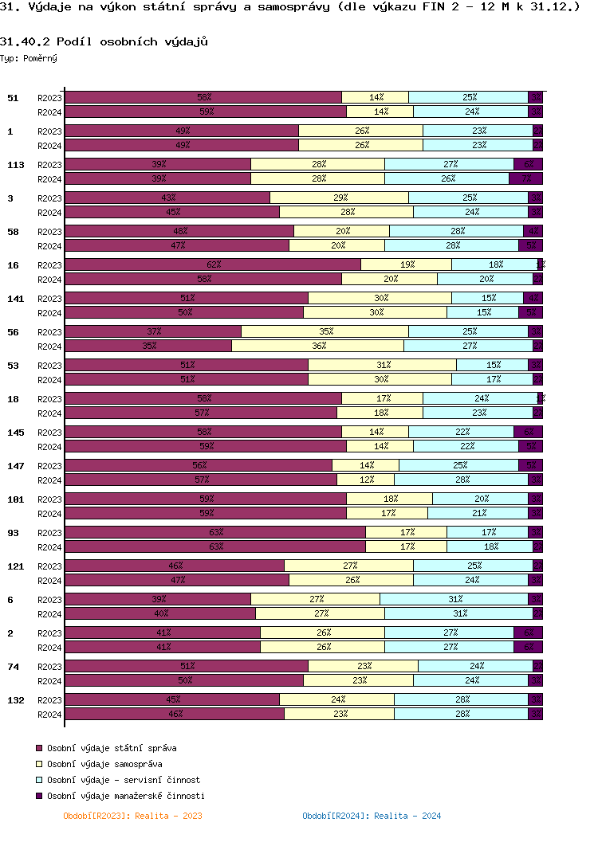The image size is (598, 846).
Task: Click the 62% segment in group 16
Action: tap(213, 264)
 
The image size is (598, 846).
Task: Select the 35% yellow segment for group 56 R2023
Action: tap(325, 331)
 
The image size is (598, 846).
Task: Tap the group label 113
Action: tap(15, 165)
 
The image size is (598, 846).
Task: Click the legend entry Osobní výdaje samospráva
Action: tap(104, 764)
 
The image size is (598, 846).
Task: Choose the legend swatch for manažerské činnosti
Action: tap(38, 796)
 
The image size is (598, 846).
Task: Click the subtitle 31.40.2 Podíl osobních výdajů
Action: tap(104, 41)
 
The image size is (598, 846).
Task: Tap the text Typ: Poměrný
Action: tap(29, 58)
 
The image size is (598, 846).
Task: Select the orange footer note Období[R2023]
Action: tap(132, 816)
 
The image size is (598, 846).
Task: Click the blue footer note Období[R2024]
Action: tap(372, 816)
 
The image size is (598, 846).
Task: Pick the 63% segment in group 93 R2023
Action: tap(215, 532)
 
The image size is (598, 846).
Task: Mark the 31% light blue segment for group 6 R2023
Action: tap(457, 599)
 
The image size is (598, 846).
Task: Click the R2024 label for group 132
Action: tap(49, 715)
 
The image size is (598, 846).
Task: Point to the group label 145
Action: tap(15, 433)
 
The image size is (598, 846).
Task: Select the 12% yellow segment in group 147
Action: tap(366, 480)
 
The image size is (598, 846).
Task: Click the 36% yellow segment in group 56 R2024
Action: tap(318, 346)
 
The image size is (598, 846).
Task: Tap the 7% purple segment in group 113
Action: tap(526, 178)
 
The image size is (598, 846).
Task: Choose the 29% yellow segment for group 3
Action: tap(340, 198)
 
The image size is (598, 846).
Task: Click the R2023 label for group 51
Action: tap(49, 98)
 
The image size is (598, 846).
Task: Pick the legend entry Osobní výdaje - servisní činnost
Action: tap(124, 780)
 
